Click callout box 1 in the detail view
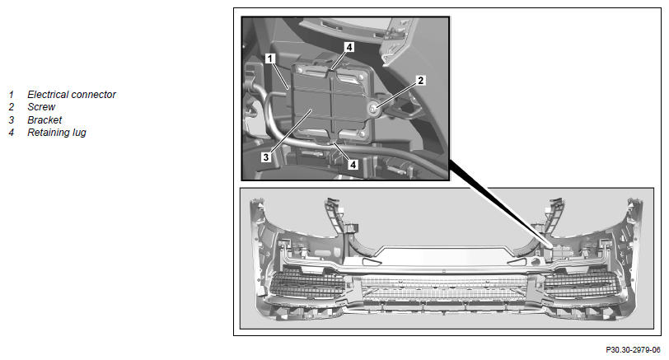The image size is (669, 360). (x=270, y=58)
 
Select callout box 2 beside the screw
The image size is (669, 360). (x=421, y=80)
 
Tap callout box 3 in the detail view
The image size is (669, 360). (x=266, y=157)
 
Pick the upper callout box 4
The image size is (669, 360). (x=349, y=47)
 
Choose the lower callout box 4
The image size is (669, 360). (x=353, y=164)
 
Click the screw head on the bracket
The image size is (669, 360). (x=373, y=110)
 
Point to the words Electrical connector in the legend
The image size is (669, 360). (x=71, y=95)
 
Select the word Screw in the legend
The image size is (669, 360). (x=41, y=107)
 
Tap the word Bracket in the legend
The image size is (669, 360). (x=44, y=119)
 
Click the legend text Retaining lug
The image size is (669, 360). (x=57, y=133)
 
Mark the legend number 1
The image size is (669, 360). (x=11, y=95)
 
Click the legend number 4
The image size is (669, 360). (x=11, y=133)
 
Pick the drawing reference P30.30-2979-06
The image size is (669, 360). (x=633, y=350)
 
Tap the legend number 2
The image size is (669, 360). (x=11, y=107)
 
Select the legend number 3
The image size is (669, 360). (x=11, y=119)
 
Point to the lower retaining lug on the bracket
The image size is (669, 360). (x=331, y=138)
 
